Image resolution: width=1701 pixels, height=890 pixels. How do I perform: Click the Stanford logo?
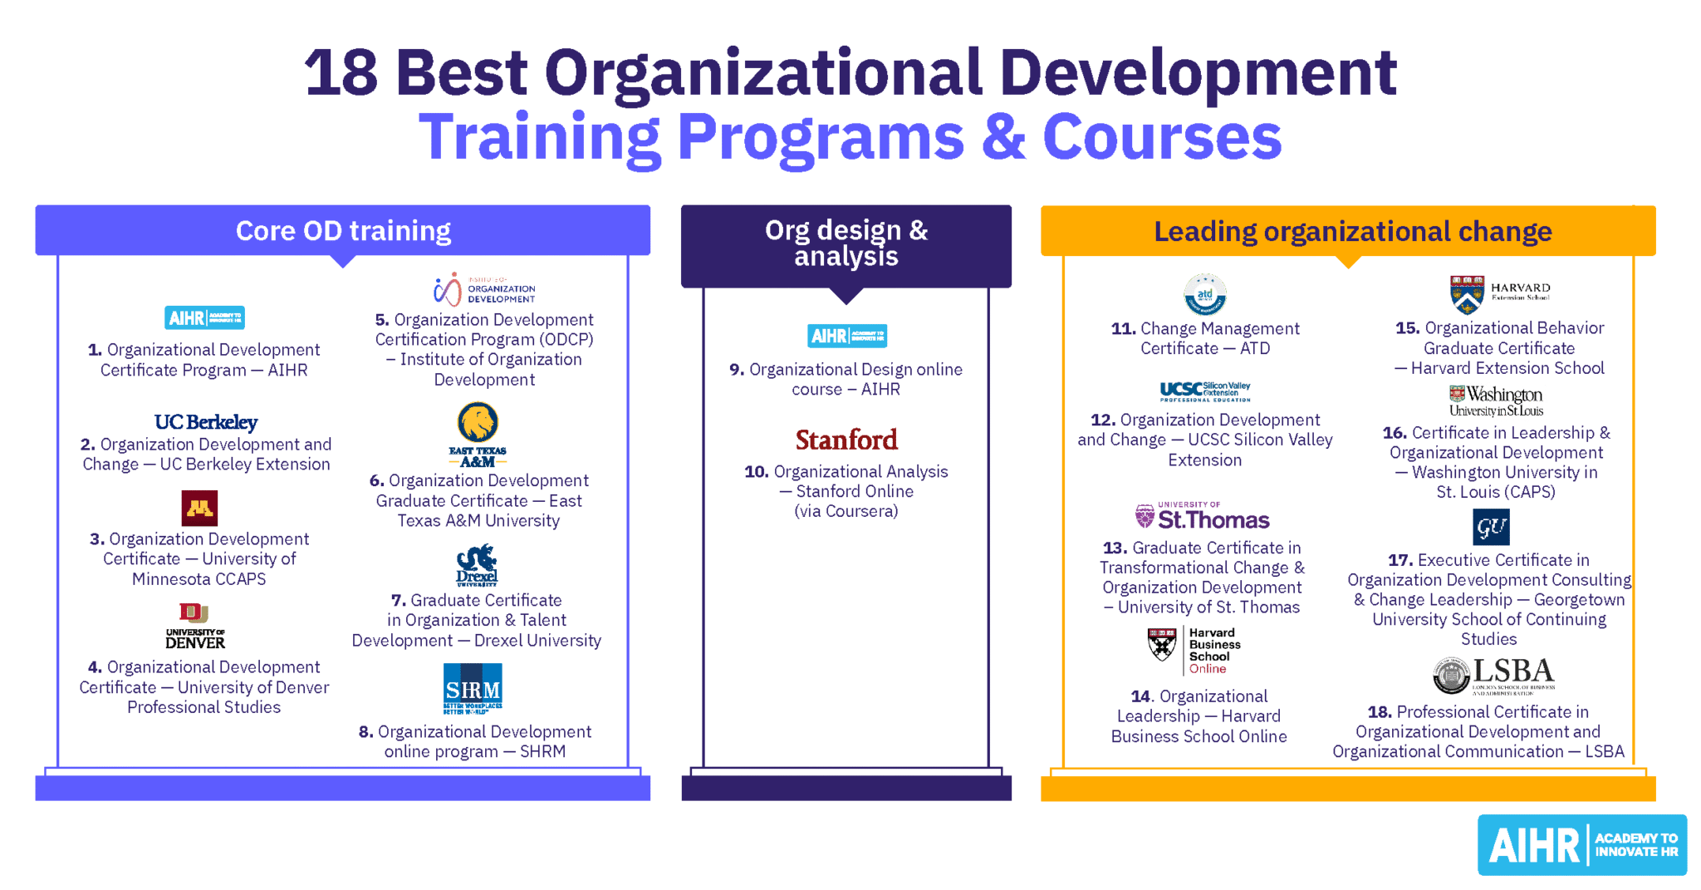click(x=846, y=440)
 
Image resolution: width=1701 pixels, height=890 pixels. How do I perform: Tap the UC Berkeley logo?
click(x=206, y=422)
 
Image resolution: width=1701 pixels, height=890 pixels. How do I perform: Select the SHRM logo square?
click(x=473, y=688)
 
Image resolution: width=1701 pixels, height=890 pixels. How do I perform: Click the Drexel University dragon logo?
click(x=477, y=565)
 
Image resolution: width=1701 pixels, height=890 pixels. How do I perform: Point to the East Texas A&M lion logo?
click(x=478, y=434)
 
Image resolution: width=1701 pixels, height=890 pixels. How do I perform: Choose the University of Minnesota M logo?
click(x=199, y=508)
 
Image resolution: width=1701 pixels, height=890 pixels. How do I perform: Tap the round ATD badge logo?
click(x=1204, y=295)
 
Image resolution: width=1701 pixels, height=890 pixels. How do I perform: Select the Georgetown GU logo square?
click(x=1490, y=527)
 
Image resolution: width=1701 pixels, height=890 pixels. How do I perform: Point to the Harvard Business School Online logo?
click(x=1193, y=650)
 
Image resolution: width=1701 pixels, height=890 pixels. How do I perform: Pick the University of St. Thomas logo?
click(x=1202, y=517)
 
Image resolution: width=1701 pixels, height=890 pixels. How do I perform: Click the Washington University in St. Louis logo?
click(x=1496, y=401)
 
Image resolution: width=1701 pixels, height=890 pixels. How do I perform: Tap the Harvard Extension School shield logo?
click(x=1468, y=294)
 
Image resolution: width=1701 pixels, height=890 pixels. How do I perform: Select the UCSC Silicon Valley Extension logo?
click(x=1204, y=391)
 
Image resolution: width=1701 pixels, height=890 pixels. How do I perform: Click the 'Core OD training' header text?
click(x=343, y=231)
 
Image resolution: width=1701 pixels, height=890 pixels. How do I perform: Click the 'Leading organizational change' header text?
click(x=1352, y=231)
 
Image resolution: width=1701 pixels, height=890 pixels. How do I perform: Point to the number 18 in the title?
click(x=341, y=73)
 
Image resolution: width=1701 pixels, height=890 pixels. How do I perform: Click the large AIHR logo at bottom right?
click(x=1582, y=845)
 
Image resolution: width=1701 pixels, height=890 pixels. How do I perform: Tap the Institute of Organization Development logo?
click(x=483, y=289)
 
